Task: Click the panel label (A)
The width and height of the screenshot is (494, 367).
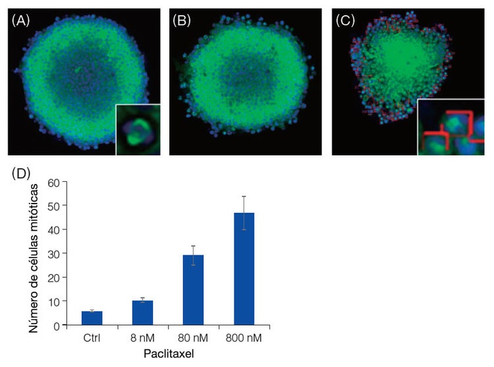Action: tap(20, 20)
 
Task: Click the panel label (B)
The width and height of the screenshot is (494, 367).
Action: tap(181, 20)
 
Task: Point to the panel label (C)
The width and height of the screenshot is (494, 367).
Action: tap(344, 20)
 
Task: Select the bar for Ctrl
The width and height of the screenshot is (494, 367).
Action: tap(92, 318)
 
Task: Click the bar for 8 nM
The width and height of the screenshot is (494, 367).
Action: tap(142, 312)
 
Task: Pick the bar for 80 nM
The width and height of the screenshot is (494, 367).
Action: tap(194, 290)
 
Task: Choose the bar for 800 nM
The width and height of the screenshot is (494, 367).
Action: tap(244, 269)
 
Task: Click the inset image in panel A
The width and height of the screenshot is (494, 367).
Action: tap(138, 130)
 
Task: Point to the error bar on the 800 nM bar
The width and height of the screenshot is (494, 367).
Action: tap(244, 213)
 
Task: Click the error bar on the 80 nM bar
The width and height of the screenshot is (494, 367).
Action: tap(194, 255)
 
